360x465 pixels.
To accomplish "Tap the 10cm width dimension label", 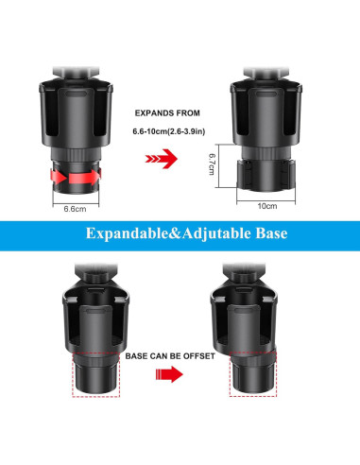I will [x=269, y=204].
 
